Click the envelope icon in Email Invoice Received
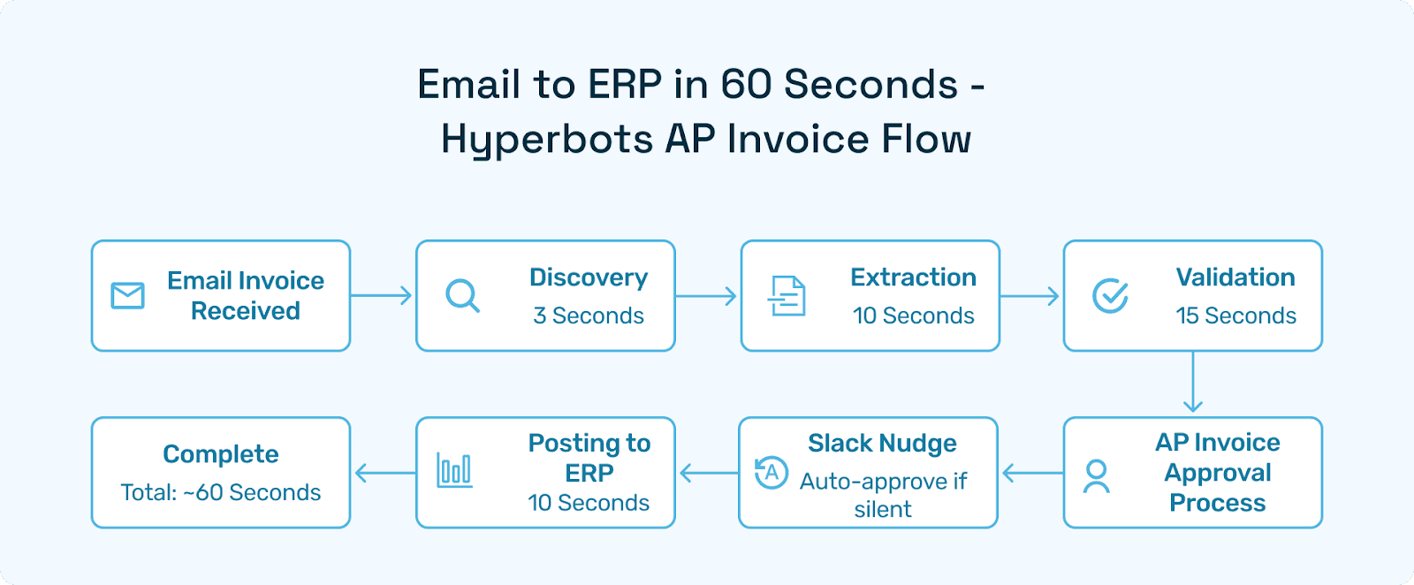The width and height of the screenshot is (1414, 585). (128, 295)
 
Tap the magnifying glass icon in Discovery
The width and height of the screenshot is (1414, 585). (462, 296)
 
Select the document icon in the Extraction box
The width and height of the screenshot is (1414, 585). (787, 296)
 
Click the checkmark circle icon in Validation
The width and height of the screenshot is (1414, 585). (1110, 296)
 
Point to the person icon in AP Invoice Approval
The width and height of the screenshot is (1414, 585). (1097, 476)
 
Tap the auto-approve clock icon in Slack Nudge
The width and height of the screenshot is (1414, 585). (771, 473)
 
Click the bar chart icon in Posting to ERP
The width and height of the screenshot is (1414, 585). (454, 470)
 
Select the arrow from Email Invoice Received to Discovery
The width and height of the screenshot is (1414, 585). (382, 295)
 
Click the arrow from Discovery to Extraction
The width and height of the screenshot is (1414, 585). (706, 295)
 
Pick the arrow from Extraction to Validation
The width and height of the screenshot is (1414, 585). (1030, 295)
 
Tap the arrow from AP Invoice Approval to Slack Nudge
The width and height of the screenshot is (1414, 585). (1032, 474)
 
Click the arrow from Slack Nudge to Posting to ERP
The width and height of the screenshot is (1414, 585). (708, 474)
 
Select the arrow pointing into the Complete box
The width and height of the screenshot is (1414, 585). (384, 474)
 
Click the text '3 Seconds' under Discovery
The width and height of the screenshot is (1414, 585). (589, 315)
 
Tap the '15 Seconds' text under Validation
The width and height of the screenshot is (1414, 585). (1235, 315)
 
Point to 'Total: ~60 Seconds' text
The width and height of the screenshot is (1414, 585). (221, 492)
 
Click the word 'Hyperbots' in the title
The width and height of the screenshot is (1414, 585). (547, 140)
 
